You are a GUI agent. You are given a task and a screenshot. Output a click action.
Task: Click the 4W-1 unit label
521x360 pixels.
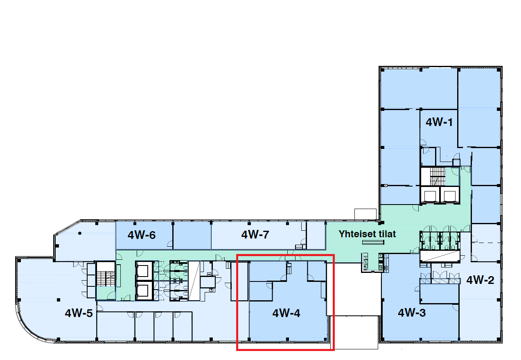439,122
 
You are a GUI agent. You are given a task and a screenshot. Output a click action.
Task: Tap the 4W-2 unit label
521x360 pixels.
480,280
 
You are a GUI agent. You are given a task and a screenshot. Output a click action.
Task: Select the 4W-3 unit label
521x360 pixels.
412,313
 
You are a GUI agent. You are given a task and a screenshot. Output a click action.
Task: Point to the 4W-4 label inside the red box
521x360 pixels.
286,313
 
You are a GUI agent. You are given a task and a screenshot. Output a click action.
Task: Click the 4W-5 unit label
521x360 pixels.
79,313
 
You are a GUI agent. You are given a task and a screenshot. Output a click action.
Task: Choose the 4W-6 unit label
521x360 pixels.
142,235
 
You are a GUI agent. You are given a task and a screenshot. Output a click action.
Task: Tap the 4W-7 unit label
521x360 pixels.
255,234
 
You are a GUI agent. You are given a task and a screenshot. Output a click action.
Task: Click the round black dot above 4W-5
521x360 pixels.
80,233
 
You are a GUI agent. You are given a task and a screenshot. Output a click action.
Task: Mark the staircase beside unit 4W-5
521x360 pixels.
106,274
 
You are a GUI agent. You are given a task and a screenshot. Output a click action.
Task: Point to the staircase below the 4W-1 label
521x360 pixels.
437,176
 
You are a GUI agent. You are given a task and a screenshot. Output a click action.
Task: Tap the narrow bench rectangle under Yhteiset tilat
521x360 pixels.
373,243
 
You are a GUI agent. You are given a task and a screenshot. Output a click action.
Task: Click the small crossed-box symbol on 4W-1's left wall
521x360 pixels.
386,185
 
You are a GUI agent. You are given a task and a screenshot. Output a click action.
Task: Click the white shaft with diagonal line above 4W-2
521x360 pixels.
440,255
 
